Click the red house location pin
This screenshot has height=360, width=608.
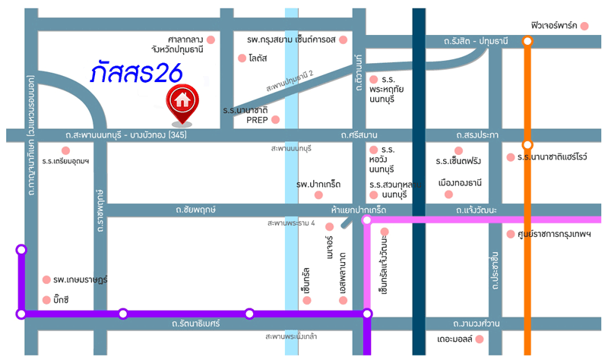point(182,102)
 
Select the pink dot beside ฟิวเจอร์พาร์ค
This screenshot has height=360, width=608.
point(584,26)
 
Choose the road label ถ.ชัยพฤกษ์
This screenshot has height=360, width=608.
point(195,207)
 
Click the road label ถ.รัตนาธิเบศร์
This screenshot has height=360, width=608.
point(195,324)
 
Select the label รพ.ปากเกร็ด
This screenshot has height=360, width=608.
point(318,185)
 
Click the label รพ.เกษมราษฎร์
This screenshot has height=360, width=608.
point(81,279)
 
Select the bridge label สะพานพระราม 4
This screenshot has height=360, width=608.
point(291,223)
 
